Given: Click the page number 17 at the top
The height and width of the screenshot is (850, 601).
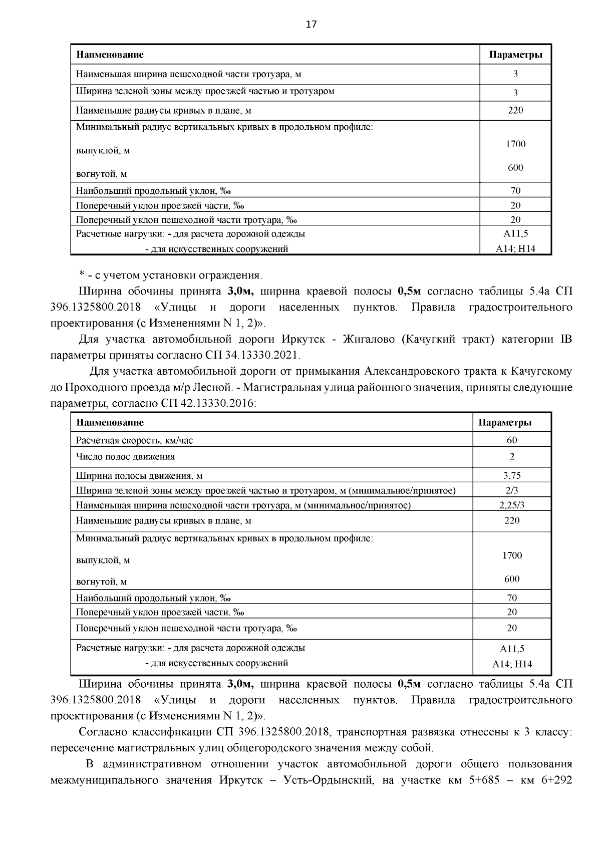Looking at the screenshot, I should tap(311, 25).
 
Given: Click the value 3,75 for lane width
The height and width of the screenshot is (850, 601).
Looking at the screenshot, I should tap(511, 475).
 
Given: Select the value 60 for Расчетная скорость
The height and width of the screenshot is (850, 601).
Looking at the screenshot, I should tap(511, 440).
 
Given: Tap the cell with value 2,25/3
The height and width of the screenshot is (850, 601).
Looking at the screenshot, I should tap(511, 505).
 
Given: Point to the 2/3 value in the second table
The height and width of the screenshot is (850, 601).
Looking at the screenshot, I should tap(511, 490).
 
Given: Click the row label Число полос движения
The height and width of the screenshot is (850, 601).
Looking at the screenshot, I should tap(125, 456).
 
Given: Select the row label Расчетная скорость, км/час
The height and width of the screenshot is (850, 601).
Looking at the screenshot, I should tap(134, 440).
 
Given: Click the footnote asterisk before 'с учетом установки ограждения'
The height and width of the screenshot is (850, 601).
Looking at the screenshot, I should tap(81, 275).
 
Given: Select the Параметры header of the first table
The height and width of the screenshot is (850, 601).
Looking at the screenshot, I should tap(515, 55).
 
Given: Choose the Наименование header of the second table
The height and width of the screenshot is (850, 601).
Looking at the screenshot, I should tap(110, 422).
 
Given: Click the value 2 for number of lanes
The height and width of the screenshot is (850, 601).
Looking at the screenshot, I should tap(511, 456).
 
